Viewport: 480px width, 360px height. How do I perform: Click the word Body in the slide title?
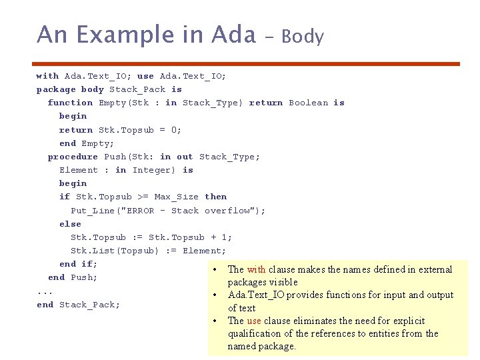click(x=303, y=37)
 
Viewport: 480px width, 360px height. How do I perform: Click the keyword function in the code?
click(x=70, y=103)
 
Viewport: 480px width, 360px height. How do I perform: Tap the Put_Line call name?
click(x=93, y=211)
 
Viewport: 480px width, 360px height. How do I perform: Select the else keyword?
click(x=70, y=224)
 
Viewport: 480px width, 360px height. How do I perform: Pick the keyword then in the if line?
click(x=215, y=197)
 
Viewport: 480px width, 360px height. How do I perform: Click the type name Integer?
click(x=155, y=170)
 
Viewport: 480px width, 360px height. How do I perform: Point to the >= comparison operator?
click(x=143, y=197)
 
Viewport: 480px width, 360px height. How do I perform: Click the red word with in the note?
click(x=256, y=269)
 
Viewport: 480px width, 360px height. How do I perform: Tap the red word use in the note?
click(x=254, y=321)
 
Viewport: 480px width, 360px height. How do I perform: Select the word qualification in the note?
click(x=256, y=333)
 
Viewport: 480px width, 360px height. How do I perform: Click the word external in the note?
click(x=434, y=269)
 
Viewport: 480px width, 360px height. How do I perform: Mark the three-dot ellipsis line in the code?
click(x=45, y=291)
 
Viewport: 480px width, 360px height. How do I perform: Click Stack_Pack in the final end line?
click(x=89, y=305)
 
